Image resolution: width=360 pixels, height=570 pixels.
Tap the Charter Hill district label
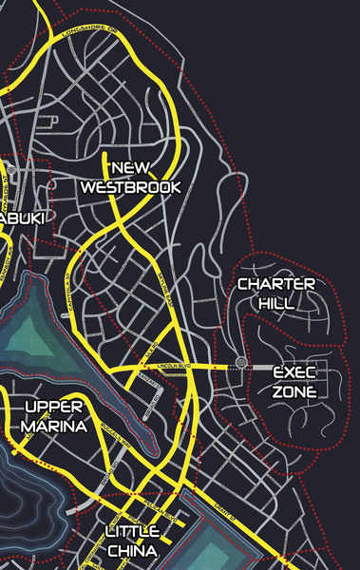point(275,294)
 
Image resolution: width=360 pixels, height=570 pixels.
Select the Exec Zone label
point(294,382)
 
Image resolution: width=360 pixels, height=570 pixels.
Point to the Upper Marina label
point(54,417)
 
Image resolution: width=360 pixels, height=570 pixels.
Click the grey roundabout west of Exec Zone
point(241,363)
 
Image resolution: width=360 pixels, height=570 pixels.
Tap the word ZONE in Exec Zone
point(294,391)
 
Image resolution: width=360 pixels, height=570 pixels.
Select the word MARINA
point(54,427)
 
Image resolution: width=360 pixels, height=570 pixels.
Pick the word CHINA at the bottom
point(132,550)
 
